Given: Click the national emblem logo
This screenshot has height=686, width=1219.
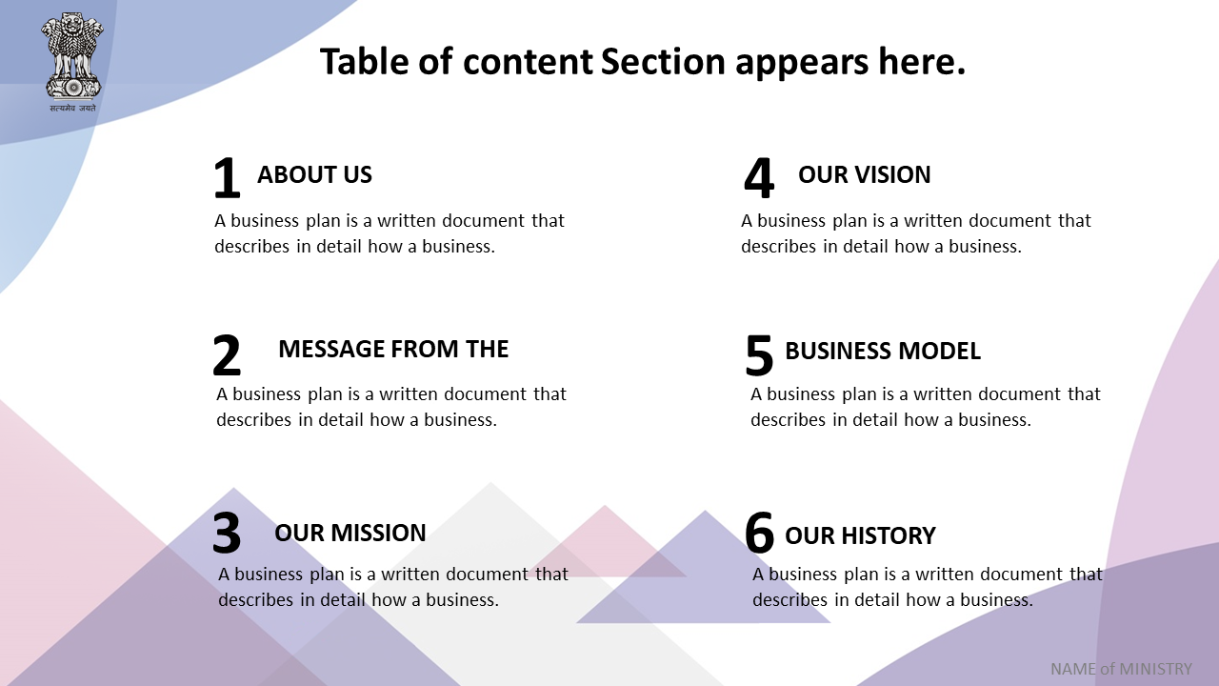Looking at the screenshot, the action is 72,62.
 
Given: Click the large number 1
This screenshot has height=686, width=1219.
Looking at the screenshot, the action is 227,178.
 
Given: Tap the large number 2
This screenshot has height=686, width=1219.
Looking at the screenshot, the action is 227,355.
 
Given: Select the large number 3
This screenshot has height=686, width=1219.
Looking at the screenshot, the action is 227,533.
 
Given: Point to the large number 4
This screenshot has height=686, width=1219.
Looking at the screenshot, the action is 759,178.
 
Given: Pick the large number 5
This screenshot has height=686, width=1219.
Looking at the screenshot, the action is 759,355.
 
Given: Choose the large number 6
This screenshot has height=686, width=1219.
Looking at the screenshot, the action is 759,533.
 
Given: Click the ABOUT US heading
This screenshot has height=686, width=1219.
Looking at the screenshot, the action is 314,174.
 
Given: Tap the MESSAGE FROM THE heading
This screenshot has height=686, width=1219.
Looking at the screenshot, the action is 393,349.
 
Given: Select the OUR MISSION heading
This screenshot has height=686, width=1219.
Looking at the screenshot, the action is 350,533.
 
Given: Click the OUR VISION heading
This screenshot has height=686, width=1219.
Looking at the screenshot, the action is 864,174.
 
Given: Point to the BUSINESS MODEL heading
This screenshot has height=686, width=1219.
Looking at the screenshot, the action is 883,352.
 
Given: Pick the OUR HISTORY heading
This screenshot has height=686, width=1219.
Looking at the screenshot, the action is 860,535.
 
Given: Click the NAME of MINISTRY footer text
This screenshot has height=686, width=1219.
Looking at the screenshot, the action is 1121,669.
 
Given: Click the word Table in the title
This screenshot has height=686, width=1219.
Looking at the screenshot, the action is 364,61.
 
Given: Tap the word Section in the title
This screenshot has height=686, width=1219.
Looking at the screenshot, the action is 664,61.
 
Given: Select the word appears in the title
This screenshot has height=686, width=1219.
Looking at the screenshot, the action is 802,64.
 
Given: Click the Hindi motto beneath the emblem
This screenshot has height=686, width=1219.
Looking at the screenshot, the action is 72,108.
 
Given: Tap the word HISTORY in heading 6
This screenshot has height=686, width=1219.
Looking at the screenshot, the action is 889,535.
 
